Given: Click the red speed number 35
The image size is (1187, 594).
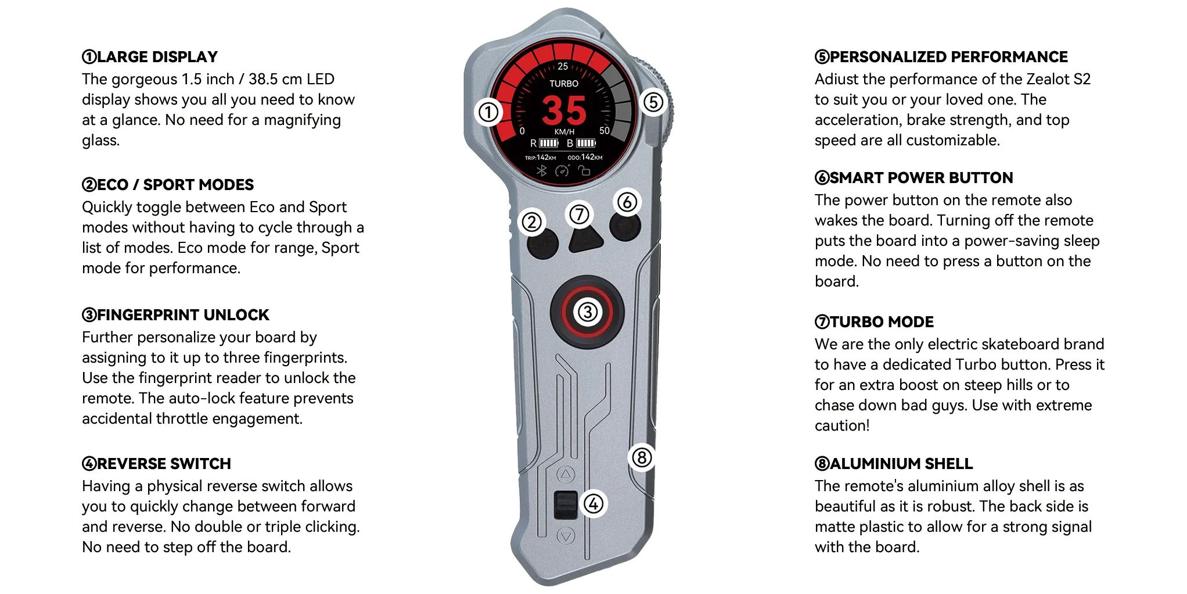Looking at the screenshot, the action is (x=564, y=110).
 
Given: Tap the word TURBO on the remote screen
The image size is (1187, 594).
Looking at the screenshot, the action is (x=564, y=84).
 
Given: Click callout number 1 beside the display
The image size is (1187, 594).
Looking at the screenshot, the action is (x=488, y=112).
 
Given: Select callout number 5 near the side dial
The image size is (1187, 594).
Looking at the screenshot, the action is (x=653, y=102).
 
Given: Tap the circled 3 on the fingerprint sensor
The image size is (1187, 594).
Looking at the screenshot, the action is (x=587, y=312).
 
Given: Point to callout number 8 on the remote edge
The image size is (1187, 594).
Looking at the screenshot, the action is (x=642, y=457).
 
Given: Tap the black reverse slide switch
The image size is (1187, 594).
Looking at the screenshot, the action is (x=566, y=505).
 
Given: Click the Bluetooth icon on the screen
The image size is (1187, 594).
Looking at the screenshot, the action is (x=542, y=171).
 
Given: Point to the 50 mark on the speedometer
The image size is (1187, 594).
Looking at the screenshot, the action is (x=605, y=131).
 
